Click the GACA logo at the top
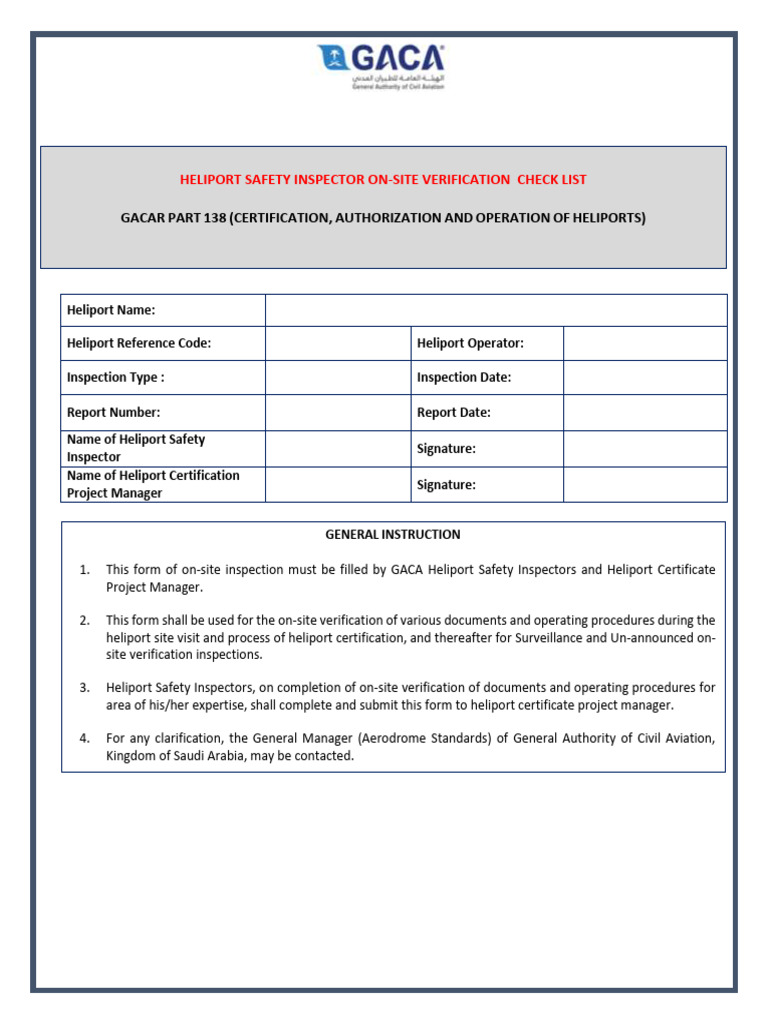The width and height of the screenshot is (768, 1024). pyautogui.click(x=383, y=66)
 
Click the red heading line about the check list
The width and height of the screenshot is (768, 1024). pyautogui.click(x=383, y=180)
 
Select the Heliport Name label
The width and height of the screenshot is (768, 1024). pyautogui.click(x=111, y=310)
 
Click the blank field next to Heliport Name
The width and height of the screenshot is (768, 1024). pyautogui.click(x=495, y=310)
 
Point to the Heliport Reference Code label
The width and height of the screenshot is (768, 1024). pyautogui.click(x=139, y=343)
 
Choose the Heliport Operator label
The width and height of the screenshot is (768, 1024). pyautogui.click(x=470, y=343)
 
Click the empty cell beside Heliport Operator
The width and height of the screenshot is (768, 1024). pyautogui.click(x=644, y=343)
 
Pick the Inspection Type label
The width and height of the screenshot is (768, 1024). pyautogui.click(x=116, y=377)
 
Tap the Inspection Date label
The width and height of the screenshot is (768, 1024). pyautogui.click(x=464, y=377)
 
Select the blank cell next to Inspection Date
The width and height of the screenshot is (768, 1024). pyautogui.click(x=644, y=377)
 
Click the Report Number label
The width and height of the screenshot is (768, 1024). pyautogui.click(x=113, y=412)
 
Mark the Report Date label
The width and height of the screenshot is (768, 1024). pyautogui.click(x=454, y=412)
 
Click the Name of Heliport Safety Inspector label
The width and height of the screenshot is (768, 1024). pyautogui.click(x=136, y=448)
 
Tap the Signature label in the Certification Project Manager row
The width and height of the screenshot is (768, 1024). pyautogui.click(x=446, y=485)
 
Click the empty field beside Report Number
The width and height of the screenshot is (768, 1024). pyautogui.click(x=338, y=412)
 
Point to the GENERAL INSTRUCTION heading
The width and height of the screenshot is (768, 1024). pyautogui.click(x=393, y=535)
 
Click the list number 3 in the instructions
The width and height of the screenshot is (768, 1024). pyautogui.click(x=85, y=687)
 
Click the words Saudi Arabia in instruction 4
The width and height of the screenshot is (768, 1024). pyautogui.click(x=219, y=756)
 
